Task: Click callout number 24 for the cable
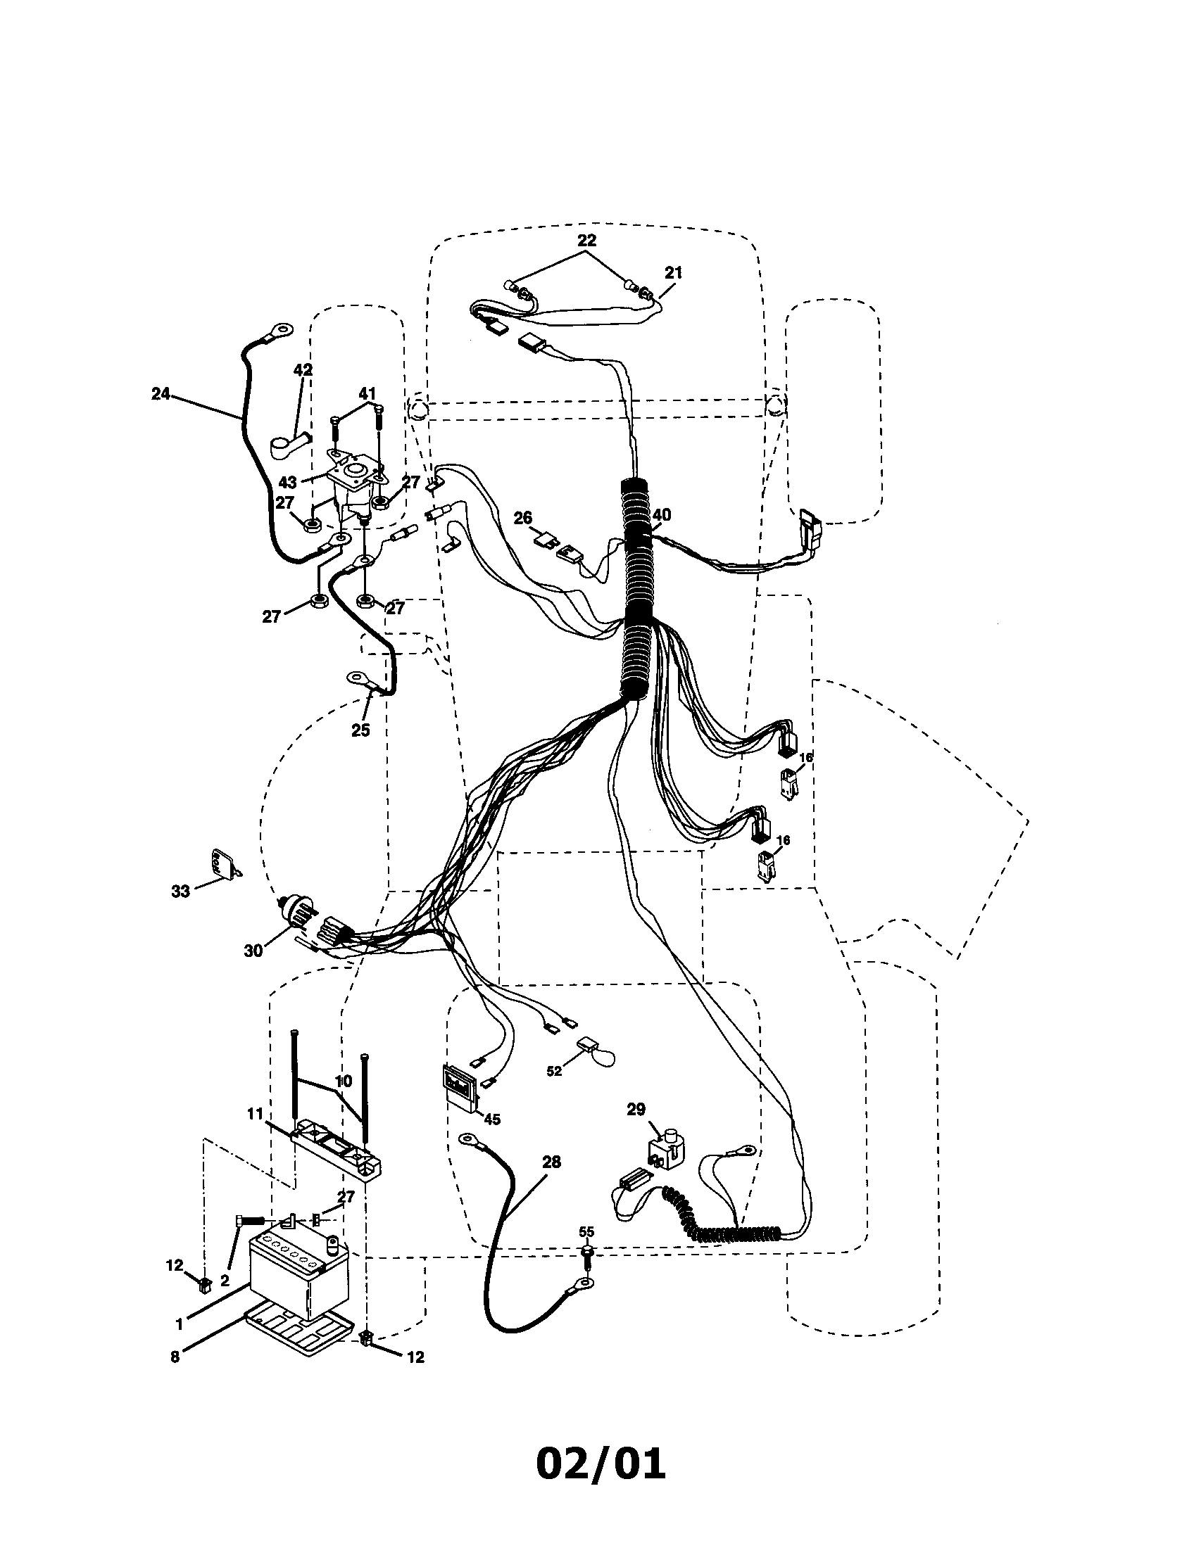[161, 394]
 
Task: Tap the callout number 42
[303, 369]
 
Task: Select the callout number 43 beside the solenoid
[287, 483]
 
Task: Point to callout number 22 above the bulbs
[587, 239]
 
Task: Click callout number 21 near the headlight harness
[673, 272]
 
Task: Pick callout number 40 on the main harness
[662, 514]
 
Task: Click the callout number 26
[522, 518]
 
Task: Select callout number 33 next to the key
[181, 892]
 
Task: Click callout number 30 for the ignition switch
[253, 951]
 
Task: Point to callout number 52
[554, 1091]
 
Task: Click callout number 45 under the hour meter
[491, 1119]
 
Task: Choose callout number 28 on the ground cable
[551, 1162]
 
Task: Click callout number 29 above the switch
[636, 1109]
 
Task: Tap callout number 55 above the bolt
[586, 1231]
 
